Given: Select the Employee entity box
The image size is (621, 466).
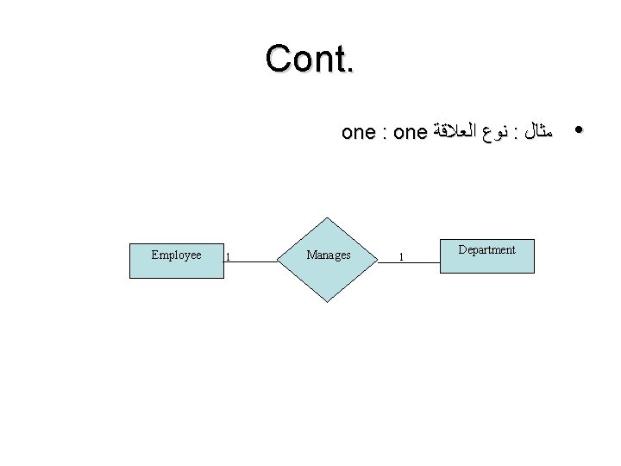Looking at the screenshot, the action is [x=176, y=258].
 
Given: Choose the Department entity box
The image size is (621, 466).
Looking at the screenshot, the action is [x=486, y=257].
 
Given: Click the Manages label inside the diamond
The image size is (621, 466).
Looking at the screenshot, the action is [x=328, y=255].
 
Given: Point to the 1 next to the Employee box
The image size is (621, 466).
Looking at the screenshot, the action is [x=227, y=256].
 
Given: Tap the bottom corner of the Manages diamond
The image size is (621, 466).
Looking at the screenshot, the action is [x=328, y=301].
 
